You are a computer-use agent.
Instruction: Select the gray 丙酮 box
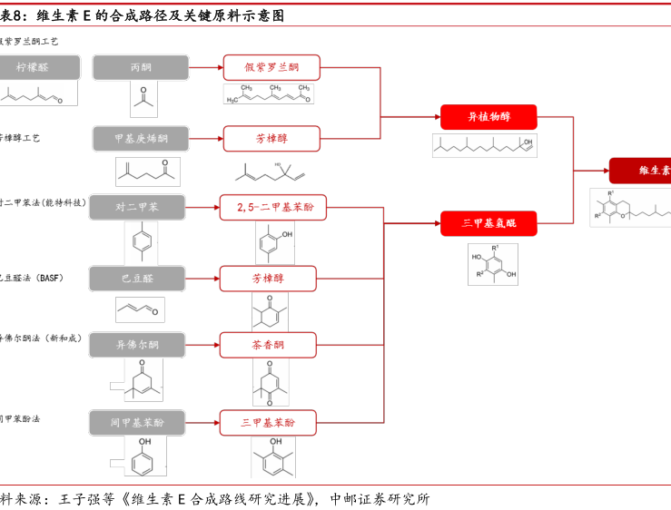pyautogui.click(x=141, y=68)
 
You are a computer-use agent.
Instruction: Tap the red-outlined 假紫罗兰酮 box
pyautogui.click(x=271, y=68)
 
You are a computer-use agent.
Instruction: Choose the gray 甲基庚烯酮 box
pyautogui.click(x=141, y=138)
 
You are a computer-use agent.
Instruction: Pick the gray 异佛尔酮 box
pyautogui.click(x=137, y=345)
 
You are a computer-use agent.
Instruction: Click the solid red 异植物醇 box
pyautogui.click(x=488, y=117)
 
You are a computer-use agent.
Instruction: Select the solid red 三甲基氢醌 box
pyautogui.click(x=488, y=223)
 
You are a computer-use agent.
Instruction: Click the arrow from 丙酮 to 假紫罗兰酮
pyautogui.click(x=206, y=68)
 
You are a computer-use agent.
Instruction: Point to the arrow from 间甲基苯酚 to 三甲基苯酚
pyautogui.click(x=203, y=423)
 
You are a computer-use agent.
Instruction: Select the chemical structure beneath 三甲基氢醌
pyautogui.click(x=493, y=264)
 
